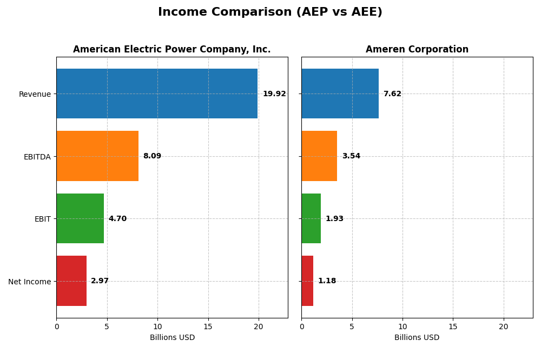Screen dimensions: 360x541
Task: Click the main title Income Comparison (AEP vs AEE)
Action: [x=270, y=12]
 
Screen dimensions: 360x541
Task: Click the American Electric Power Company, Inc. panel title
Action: [x=171, y=49]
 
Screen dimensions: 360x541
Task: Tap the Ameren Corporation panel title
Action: [x=417, y=49]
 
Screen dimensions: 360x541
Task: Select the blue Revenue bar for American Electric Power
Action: [x=157, y=94]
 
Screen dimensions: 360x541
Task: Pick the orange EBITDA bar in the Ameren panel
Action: [x=319, y=156]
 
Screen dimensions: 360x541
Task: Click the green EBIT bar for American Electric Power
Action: [x=80, y=218]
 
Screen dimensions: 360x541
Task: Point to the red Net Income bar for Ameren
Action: [x=307, y=281]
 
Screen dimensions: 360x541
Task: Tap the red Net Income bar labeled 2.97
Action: [x=71, y=281]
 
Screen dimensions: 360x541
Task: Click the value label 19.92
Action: [x=274, y=94]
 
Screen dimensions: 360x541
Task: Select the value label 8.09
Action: [x=152, y=156]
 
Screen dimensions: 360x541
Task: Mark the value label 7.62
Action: [x=392, y=94]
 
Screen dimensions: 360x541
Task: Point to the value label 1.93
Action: [x=334, y=219]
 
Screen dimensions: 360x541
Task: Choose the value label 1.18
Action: [x=327, y=281]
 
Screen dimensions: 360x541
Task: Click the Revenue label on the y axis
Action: [x=35, y=94]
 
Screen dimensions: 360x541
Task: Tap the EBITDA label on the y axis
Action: [x=37, y=157]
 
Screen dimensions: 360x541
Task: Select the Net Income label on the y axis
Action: [x=29, y=282]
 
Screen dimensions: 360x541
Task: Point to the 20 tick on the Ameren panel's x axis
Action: [x=504, y=326]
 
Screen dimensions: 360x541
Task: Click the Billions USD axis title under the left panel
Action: [x=172, y=338]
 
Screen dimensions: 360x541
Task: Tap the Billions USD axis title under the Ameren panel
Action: [x=417, y=338]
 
